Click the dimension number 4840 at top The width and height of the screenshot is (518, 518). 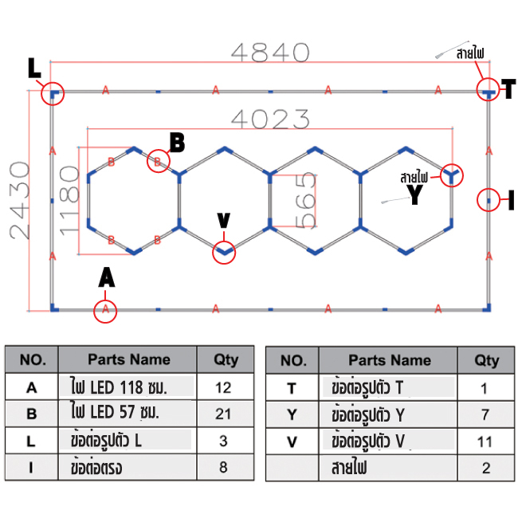(269, 53)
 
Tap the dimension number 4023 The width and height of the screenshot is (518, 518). (269, 120)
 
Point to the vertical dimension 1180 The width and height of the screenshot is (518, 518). (69, 199)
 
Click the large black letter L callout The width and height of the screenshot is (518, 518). (34, 70)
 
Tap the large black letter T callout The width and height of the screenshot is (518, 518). (507, 89)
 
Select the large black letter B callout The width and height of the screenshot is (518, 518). (177, 143)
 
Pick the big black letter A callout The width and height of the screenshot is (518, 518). (106, 277)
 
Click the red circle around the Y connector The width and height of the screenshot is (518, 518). (451, 175)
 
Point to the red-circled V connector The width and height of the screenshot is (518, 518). (224, 252)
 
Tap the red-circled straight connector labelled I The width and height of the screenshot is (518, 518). (488, 200)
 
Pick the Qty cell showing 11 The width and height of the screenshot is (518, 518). (486, 440)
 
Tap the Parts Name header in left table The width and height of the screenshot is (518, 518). (128, 359)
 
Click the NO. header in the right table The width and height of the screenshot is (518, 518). (293, 360)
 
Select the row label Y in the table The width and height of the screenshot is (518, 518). (292, 414)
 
